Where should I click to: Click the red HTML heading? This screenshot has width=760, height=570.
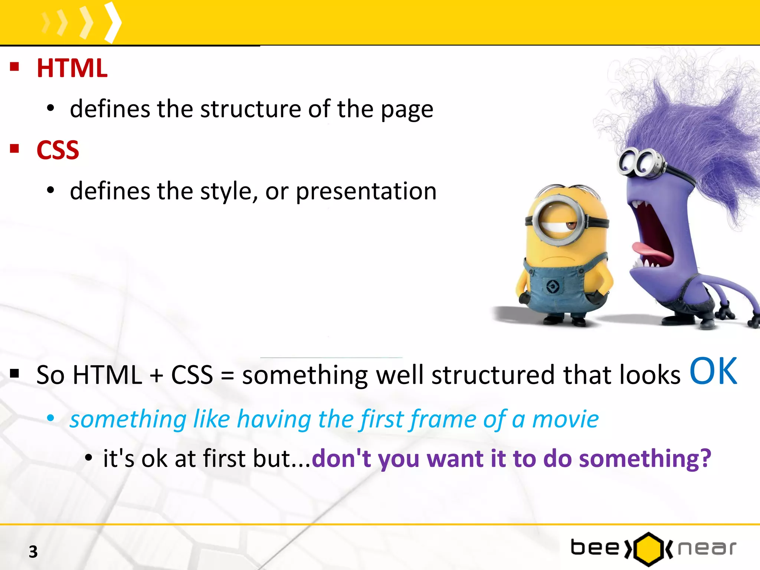(72, 69)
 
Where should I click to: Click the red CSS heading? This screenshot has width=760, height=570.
(58, 150)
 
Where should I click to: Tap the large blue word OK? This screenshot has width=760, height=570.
(713, 371)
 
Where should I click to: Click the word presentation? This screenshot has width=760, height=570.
(366, 191)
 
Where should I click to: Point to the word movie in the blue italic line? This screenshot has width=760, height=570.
(565, 419)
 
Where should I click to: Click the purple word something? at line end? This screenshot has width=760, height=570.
(645, 459)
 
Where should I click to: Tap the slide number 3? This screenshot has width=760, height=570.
(33, 552)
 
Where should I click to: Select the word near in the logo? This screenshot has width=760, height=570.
(707, 548)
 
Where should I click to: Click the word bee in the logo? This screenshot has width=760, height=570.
(595, 548)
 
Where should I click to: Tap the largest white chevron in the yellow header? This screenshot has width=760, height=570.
(113, 22)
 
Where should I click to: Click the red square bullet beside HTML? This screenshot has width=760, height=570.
(14, 67)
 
